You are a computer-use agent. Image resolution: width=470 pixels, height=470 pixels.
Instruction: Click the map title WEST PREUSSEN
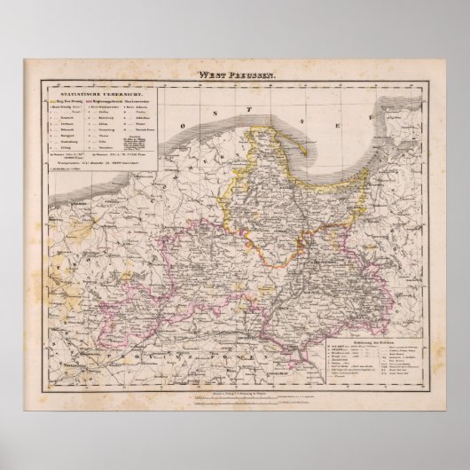tap(235, 78)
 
